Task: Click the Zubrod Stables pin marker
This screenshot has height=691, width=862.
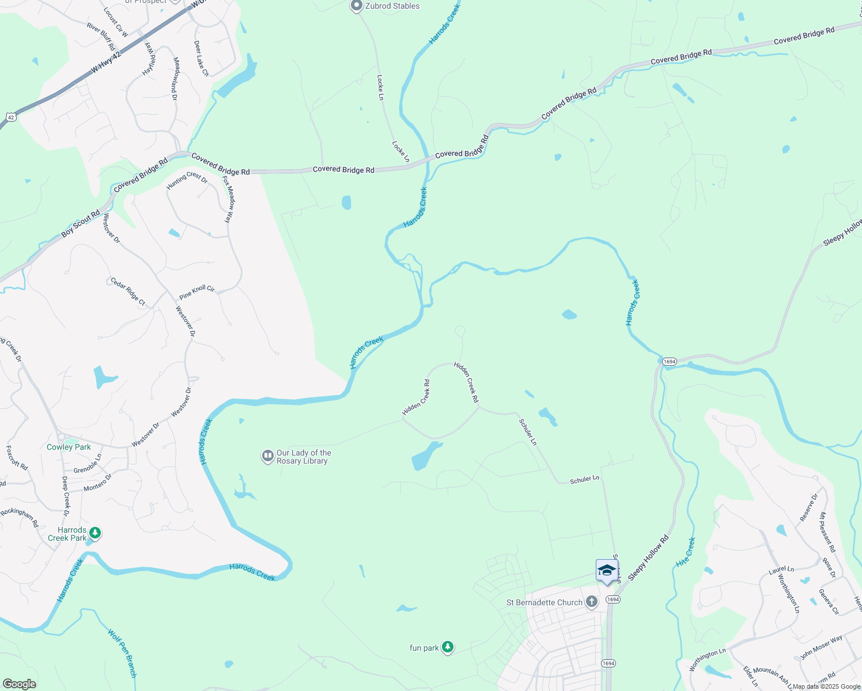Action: pos(356,6)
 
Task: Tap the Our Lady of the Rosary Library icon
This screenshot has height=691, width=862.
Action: pos(267,457)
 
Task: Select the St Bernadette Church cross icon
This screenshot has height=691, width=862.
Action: pos(592,602)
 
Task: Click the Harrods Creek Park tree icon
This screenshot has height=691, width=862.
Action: pos(96,534)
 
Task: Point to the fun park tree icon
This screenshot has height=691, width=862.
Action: pos(448,648)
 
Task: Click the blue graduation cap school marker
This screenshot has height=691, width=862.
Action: pos(606,571)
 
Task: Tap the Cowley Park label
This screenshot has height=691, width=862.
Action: pos(69,447)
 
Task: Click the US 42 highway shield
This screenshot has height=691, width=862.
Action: pos(10,117)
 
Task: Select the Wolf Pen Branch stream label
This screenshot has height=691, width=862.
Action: pos(123,653)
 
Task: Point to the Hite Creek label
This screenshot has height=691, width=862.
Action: pos(686,552)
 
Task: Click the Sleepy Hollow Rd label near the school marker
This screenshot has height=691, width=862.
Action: pos(648,557)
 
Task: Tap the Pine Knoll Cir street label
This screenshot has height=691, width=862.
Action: pos(197,292)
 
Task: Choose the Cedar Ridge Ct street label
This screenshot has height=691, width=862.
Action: pos(128,292)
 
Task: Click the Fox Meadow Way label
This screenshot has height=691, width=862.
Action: pos(229,199)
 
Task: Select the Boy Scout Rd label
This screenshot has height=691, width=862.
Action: pos(81,224)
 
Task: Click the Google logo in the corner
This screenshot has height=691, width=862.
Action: pos(19,684)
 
